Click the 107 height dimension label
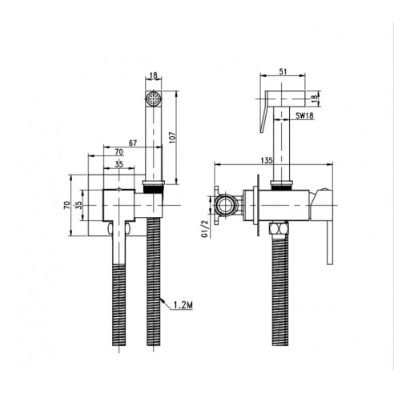(x=173, y=138)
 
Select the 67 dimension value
(x=133, y=143)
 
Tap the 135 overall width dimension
(x=267, y=160)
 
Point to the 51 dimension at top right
(x=283, y=71)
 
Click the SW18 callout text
(x=304, y=115)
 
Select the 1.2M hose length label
(x=183, y=305)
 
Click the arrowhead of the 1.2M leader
(x=162, y=300)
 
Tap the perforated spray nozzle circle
(x=154, y=98)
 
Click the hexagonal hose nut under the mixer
(x=279, y=229)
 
